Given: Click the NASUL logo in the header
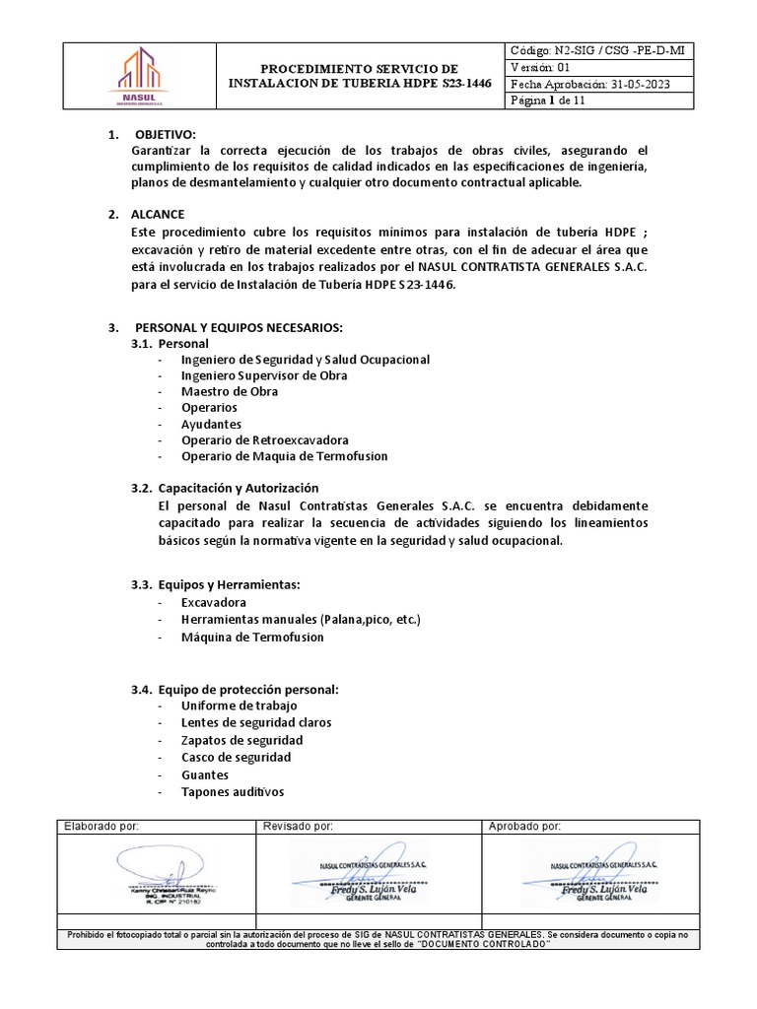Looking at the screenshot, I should point(137,78).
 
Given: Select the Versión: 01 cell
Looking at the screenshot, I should point(540,67).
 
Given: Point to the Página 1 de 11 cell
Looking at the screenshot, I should point(549,101).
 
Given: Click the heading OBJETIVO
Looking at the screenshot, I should point(166,134).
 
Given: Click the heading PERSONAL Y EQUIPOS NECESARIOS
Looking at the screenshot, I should point(238,327).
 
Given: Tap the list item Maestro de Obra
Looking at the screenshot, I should point(230,391).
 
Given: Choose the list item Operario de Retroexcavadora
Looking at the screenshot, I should point(264,439).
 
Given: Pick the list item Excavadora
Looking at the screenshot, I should point(214,602).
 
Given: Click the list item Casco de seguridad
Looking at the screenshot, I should point(236,757).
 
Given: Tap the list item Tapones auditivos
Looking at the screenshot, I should point(232,791).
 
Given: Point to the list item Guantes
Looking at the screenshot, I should point(205,774).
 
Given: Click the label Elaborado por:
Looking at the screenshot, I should point(102,826).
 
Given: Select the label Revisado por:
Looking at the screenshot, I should point(298,826).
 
